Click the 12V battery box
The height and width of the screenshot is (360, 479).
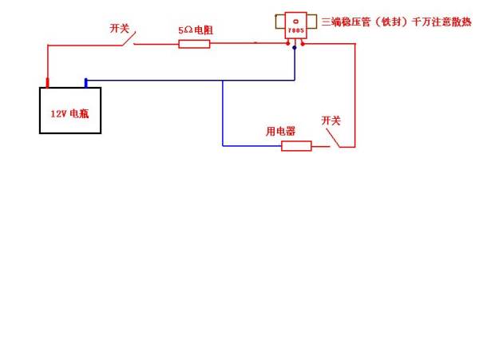(x=70, y=110)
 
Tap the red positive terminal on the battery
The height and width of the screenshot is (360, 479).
(x=48, y=81)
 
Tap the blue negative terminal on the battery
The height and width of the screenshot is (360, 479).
(x=86, y=81)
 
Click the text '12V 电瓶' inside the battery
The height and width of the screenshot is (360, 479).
(x=70, y=113)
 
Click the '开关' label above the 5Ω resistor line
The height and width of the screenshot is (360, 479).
(x=119, y=28)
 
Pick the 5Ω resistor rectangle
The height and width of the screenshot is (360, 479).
(x=193, y=43)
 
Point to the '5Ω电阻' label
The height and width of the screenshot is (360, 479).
(x=195, y=30)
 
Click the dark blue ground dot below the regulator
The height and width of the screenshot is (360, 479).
(x=295, y=48)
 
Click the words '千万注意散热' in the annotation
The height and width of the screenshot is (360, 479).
(x=439, y=22)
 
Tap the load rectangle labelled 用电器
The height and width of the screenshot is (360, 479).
(x=296, y=146)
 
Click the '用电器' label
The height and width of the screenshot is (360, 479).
(x=280, y=131)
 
